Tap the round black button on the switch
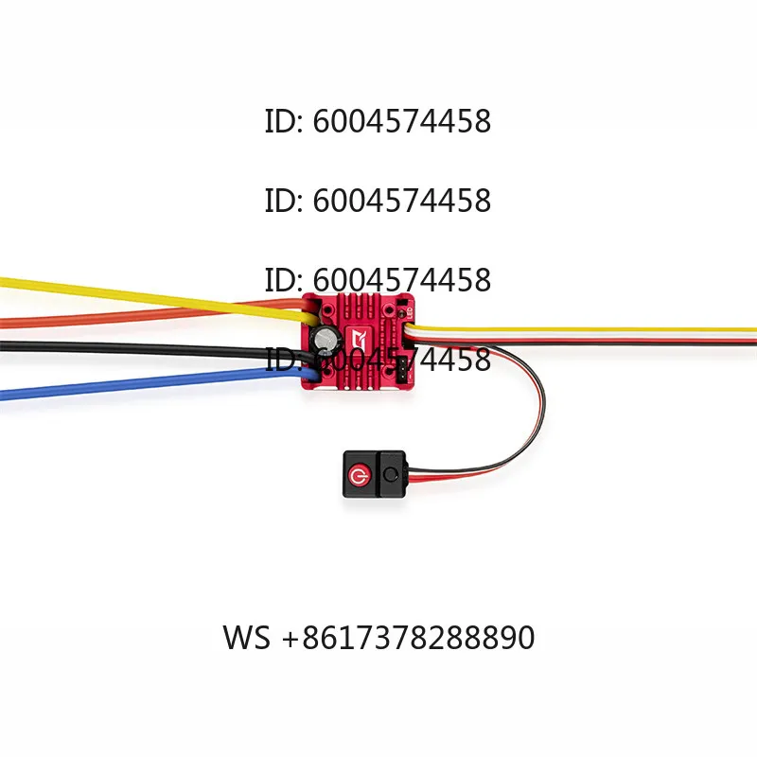[390, 475]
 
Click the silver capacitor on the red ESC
[324, 339]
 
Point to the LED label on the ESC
[410, 313]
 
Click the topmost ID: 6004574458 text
[378, 121]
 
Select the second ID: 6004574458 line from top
[378, 201]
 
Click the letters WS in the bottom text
[246, 637]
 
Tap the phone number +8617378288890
[409, 637]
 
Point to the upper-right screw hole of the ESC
[388, 309]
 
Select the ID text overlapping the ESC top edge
[378, 280]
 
